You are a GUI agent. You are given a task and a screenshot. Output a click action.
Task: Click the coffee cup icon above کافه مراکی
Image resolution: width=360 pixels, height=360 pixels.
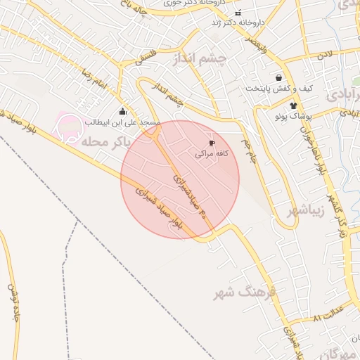(x=212, y=143)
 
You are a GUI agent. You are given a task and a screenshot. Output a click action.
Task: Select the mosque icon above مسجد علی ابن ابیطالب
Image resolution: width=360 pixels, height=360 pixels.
(x=123, y=112)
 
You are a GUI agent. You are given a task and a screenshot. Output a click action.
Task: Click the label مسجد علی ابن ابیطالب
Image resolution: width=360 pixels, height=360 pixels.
(x=123, y=122)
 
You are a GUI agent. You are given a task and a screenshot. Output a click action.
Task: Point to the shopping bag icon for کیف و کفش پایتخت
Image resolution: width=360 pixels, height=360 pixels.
(x=279, y=78)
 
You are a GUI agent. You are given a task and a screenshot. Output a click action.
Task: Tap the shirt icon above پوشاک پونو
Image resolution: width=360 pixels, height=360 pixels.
(x=284, y=105)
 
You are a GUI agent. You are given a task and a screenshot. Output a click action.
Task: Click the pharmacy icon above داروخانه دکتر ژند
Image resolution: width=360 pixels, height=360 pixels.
(x=238, y=13)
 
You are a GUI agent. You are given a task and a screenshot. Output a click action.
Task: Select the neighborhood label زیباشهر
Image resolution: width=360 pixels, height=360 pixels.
(x=307, y=210)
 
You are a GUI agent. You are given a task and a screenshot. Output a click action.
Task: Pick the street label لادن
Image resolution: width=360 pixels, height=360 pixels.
(x=323, y=54)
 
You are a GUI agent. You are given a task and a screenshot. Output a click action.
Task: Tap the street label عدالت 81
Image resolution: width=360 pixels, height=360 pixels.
(x=328, y=314)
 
